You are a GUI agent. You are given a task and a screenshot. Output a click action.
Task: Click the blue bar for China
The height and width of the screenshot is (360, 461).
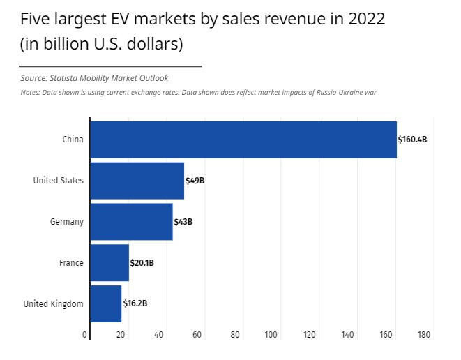(x=243, y=140)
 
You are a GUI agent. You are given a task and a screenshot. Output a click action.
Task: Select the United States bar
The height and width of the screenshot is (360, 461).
(x=137, y=181)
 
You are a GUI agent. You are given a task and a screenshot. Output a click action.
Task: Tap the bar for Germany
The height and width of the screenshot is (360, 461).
(x=131, y=222)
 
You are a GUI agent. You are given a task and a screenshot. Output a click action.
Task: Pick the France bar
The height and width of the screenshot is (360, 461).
(x=109, y=263)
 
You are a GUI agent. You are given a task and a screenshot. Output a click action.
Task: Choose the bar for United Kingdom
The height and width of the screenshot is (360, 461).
(x=106, y=303)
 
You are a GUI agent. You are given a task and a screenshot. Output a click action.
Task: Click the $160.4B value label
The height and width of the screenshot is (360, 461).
(x=412, y=140)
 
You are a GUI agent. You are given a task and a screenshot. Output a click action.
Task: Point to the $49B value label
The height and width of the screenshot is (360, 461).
(x=195, y=181)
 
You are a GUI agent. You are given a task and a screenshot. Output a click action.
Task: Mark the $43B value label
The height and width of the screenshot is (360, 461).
(x=183, y=222)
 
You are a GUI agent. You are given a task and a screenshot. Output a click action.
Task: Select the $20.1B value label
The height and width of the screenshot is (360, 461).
(x=142, y=263)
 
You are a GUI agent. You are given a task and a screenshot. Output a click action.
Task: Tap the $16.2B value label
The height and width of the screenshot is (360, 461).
(x=135, y=303)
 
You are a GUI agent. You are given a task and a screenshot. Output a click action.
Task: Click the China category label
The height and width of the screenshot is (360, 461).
(x=73, y=140)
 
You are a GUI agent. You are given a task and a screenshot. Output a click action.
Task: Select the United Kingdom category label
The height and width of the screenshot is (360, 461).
(x=53, y=303)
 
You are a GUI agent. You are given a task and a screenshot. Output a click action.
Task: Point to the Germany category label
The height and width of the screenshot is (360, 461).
(x=67, y=222)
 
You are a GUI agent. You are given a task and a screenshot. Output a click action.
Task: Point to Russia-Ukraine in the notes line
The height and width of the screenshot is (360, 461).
(x=338, y=92)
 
